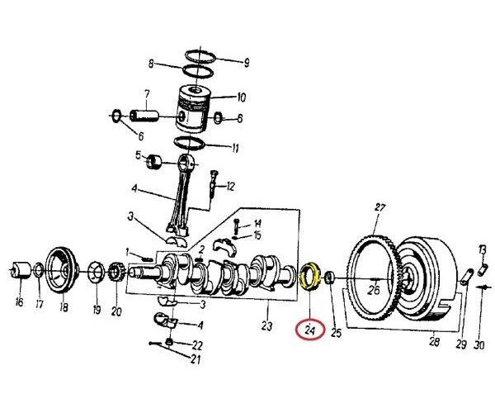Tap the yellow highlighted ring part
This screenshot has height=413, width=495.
(311, 275)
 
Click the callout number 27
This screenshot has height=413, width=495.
(380, 207)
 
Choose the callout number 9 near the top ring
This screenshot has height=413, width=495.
(246, 63)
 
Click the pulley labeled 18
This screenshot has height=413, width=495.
(60, 267)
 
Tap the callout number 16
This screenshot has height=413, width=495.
(18, 302)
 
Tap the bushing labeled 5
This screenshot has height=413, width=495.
(155, 160)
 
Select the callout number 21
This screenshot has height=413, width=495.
(196, 359)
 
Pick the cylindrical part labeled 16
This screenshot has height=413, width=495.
(19, 270)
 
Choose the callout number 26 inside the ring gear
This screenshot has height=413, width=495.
(373, 290)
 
